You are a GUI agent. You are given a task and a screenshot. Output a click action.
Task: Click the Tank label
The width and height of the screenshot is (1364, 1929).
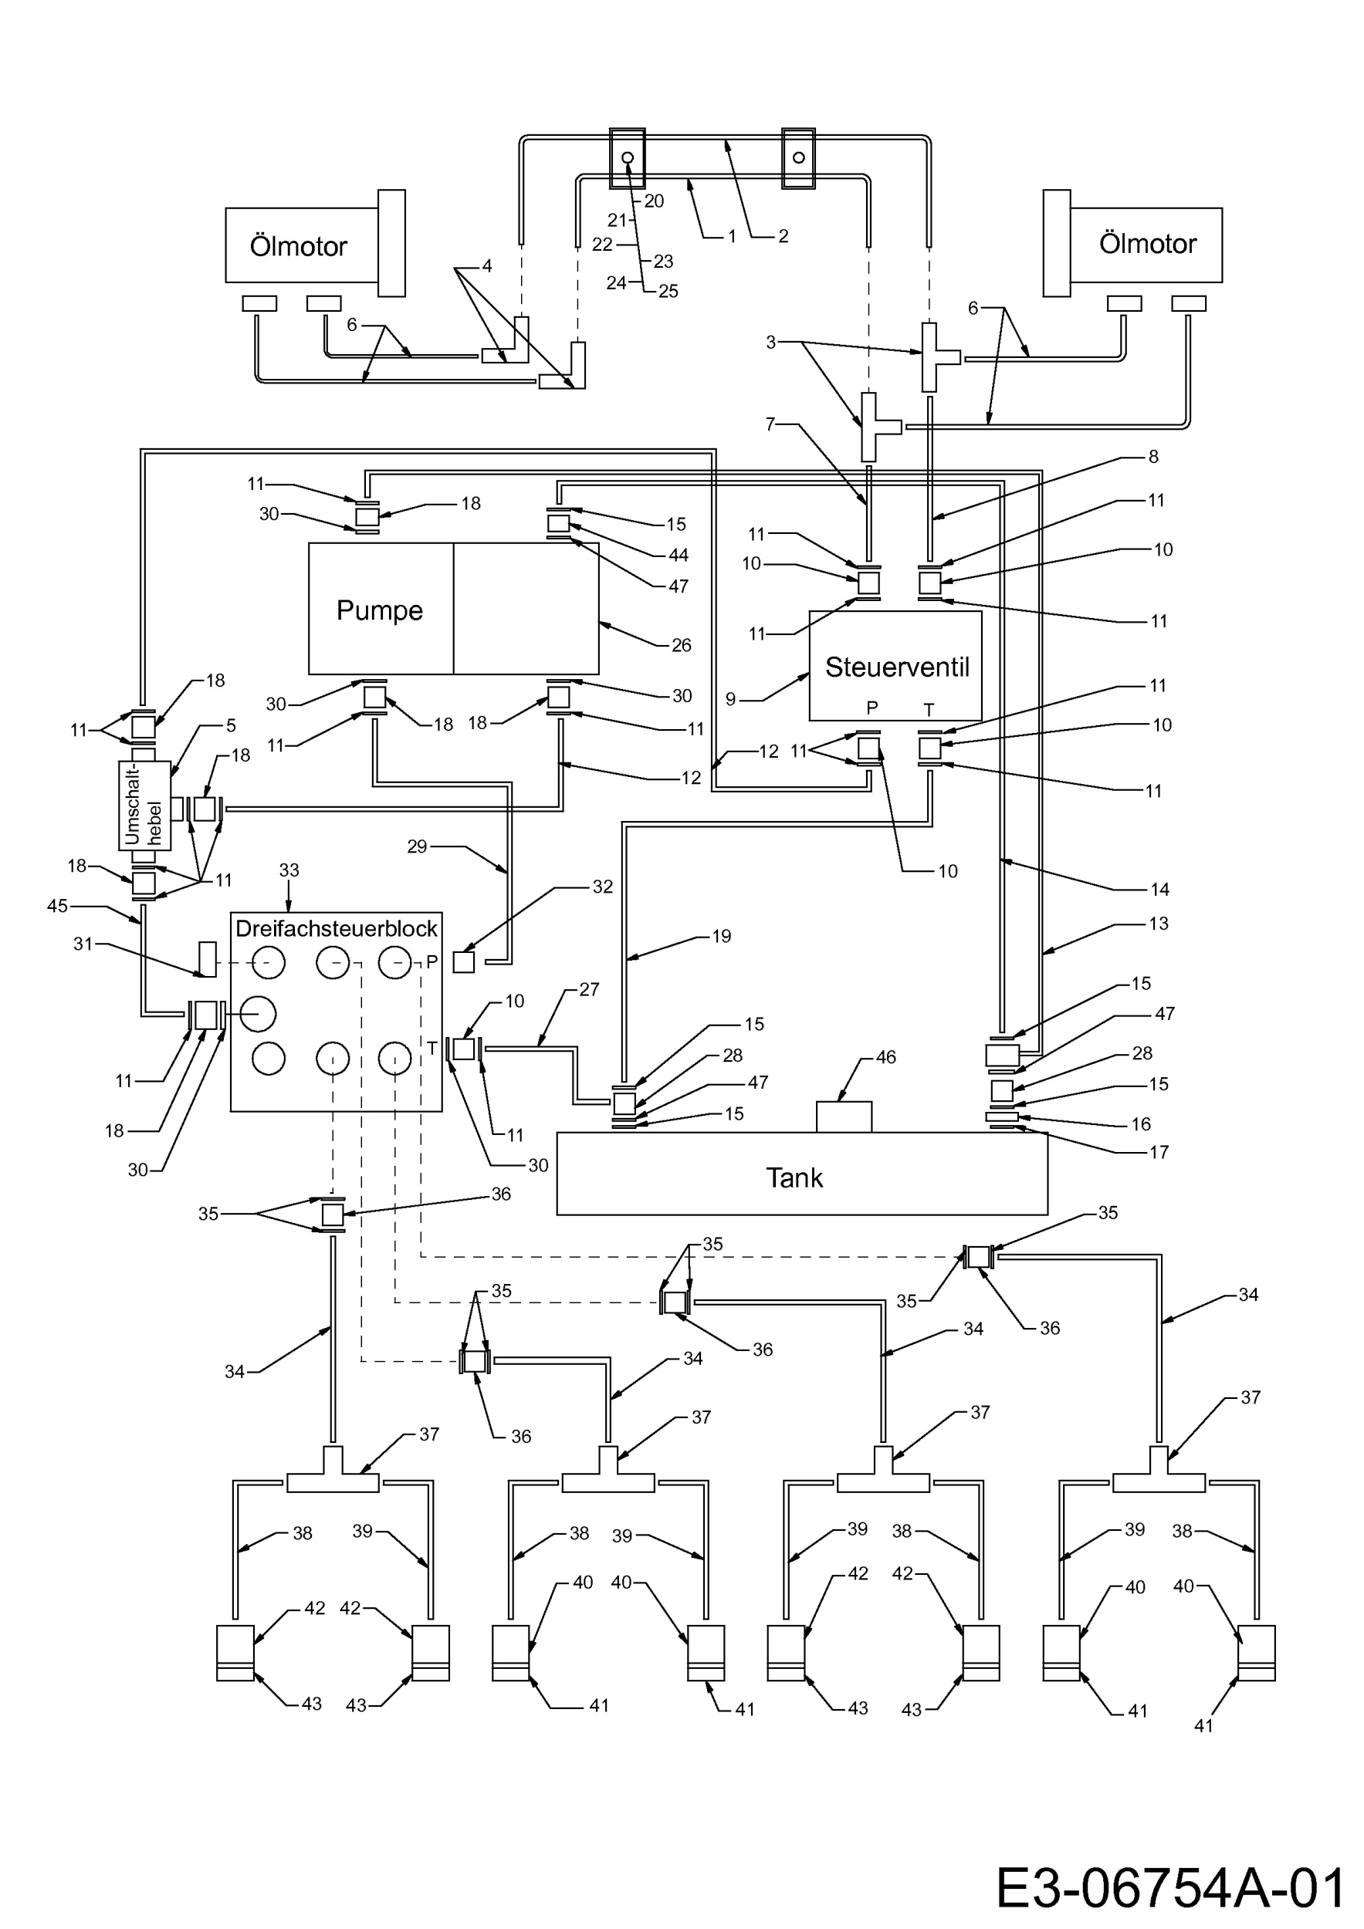(794, 1178)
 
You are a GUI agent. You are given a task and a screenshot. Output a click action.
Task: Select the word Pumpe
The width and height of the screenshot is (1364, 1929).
(379, 611)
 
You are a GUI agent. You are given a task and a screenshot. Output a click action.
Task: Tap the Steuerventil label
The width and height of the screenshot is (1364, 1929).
(897, 667)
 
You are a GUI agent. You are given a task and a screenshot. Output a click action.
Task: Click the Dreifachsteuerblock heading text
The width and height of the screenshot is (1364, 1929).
(336, 928)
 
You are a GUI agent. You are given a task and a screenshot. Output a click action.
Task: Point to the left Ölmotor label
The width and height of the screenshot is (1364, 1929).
(298, 246)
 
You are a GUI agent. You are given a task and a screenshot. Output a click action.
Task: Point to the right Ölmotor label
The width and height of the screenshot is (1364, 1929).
(1147, 244)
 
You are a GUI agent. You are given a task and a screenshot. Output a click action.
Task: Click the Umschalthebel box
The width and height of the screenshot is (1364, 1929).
(144, 806)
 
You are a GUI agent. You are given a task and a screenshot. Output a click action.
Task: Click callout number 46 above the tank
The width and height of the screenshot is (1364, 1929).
(886, 1057)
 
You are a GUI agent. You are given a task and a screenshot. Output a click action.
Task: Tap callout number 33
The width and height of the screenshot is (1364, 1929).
(289, 870)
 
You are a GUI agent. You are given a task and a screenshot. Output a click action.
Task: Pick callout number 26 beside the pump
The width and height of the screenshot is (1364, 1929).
(682, 645)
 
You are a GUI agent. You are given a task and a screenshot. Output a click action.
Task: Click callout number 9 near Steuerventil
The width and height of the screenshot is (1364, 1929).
(730, 699)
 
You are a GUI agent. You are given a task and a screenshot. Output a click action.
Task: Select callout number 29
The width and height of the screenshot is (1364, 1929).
(417, 847)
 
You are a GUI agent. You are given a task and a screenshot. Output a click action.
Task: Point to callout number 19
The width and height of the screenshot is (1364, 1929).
(722, 936)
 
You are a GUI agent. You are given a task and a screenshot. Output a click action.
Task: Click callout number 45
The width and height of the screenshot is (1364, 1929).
(57, 907)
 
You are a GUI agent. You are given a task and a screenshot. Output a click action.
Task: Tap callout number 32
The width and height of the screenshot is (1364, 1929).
(603, 887)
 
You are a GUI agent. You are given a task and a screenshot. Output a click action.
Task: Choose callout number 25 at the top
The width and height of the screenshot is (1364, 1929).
(668, 292)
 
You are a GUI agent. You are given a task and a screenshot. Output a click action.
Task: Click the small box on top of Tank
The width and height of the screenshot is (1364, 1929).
(844, 1117)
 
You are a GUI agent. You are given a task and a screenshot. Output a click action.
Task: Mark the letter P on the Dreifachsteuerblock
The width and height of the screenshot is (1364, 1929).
(432, 962)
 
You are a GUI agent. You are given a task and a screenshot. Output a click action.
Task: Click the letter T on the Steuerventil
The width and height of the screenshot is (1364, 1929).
(929, 710)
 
